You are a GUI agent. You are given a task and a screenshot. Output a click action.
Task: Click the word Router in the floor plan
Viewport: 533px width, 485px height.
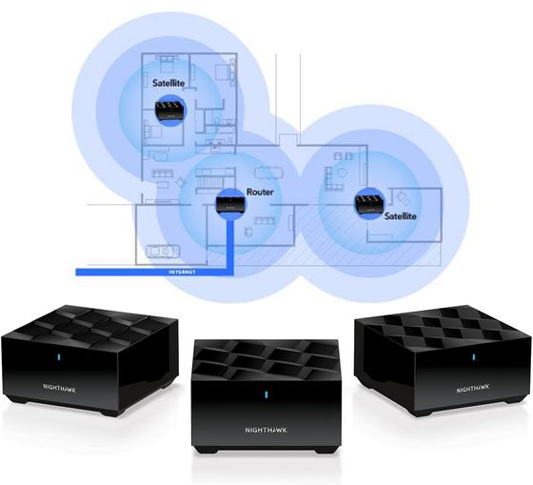[260, 192]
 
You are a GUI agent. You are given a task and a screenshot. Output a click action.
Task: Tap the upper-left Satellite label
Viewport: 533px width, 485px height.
[168, 83]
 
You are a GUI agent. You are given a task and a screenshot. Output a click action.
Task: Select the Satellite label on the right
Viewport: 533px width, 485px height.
[401, 216]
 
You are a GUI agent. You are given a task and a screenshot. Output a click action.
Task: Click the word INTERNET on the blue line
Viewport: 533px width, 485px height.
[182, 273]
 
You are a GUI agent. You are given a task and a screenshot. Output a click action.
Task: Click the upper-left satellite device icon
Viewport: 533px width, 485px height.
[171, 110]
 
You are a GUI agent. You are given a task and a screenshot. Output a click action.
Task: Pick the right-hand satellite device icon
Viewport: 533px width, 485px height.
[370, 204]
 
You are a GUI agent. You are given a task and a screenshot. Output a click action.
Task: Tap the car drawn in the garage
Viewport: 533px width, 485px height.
[162, 252]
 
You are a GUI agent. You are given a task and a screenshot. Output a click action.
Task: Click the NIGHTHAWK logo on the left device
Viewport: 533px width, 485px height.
[59, 388]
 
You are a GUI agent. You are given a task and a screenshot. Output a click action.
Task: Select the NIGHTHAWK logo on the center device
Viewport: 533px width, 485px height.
[266, 430]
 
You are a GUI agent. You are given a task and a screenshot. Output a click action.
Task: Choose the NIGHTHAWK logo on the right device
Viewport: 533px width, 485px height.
[473, 389]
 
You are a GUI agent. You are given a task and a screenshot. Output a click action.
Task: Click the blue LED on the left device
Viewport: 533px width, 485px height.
[58, 356]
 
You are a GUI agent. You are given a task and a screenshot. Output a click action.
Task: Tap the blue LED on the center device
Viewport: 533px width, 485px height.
[266, 394]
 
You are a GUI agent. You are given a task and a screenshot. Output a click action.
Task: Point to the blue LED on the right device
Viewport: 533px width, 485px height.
[474, 356]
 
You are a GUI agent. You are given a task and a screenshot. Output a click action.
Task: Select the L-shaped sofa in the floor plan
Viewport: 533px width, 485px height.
[334, 179]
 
